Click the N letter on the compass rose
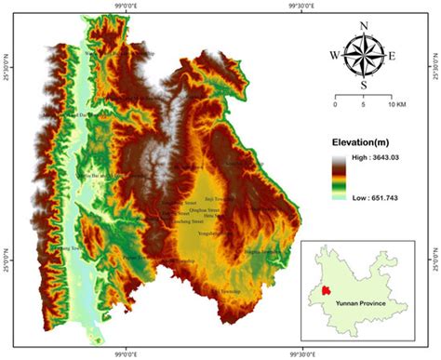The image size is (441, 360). [x=363, y=25]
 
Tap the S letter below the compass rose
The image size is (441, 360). [x=363, y=86]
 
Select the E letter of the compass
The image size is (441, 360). [x=393, y=56]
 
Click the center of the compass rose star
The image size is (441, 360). [x=363, y=56]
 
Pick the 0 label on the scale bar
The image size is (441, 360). [x=334, y=104]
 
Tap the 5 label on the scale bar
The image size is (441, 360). [x=361, y=104]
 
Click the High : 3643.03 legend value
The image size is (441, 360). [x=378, y=161]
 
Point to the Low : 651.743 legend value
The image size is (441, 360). [x=378, y=197]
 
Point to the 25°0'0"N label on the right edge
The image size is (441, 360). [x=435, y=247]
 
